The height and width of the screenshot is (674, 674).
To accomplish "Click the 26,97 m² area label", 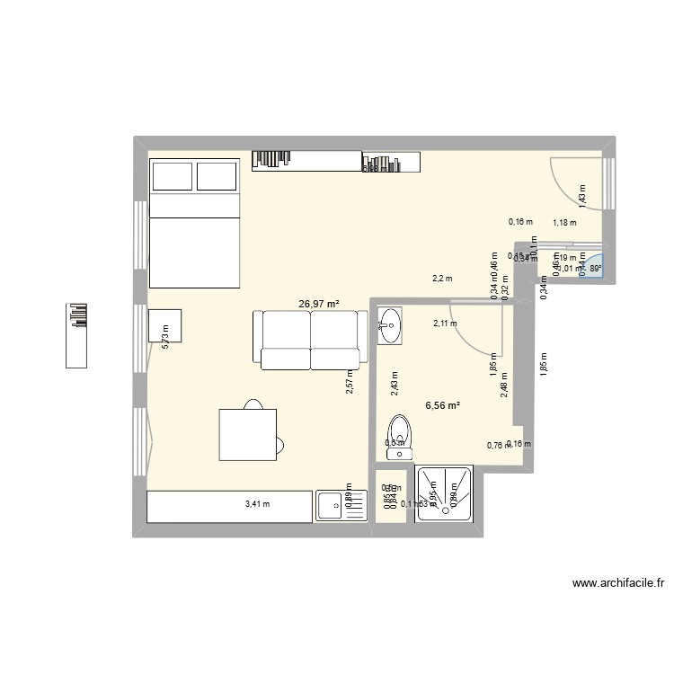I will [319, 304].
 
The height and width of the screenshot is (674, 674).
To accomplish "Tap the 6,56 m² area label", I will [443, 405].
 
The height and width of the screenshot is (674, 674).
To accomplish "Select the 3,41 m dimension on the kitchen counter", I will [258, 504].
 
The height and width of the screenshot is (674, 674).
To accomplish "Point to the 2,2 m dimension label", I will [442, 279].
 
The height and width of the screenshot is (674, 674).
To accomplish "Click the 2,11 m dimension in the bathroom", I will [445, 324].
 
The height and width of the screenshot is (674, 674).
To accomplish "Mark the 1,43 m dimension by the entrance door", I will [582, 197].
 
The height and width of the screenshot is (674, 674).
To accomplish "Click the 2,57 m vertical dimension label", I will [350, 382].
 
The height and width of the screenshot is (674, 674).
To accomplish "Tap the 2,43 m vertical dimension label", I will [393, 384].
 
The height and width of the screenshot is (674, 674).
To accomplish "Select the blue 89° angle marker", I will [594, 267].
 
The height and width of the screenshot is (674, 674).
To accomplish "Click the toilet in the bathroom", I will [397, 433].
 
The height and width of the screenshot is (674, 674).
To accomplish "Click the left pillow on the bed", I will [172, 176].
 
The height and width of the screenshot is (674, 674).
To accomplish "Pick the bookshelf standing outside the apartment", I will [77, 335].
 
